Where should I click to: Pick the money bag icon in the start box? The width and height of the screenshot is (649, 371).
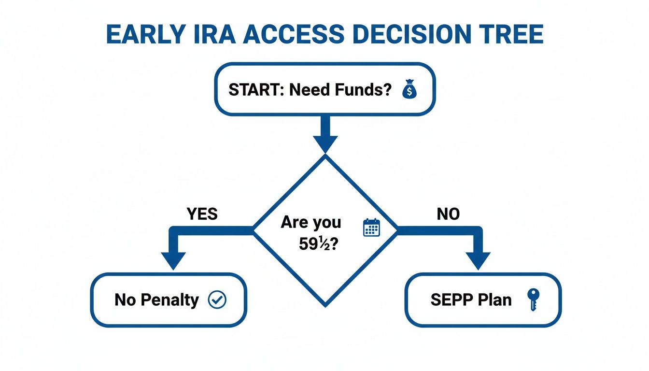click(x=409, y=90)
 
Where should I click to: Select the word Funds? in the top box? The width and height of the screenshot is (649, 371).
click(x=364, y=90)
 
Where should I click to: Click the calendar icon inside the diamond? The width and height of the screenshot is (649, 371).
click(x=371, y=228)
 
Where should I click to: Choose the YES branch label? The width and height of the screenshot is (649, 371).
click(x=201, y=214)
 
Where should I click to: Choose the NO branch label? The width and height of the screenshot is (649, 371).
click(x=448, y=214)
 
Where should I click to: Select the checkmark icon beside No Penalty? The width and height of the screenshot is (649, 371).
click(x=217, y=300)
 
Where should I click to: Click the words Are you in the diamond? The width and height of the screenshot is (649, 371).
click(x=310, y=223)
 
